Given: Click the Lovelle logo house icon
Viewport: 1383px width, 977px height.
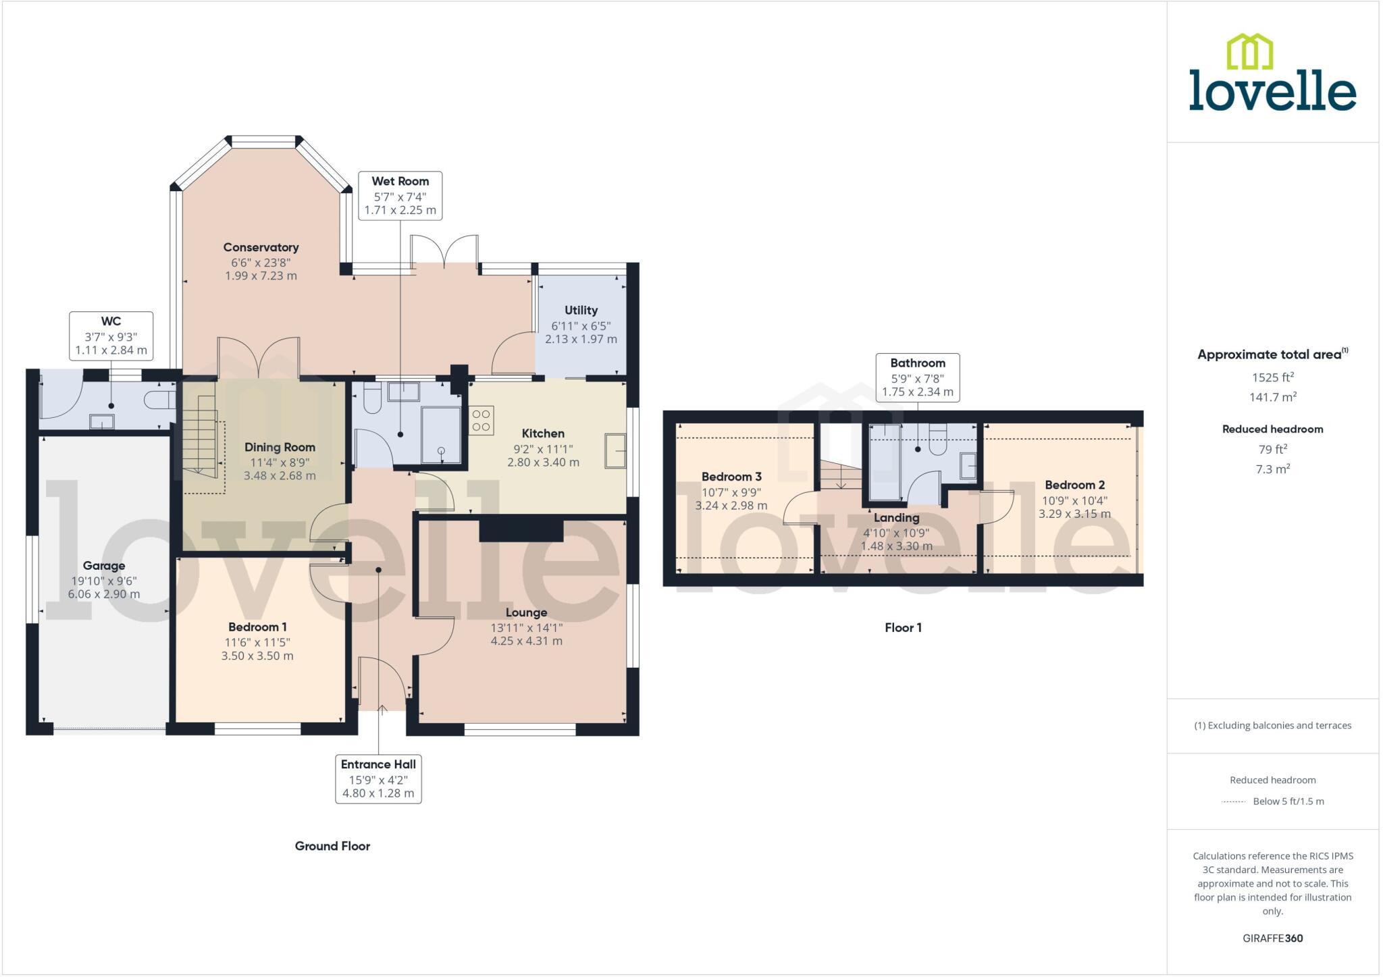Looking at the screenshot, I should (1249, 51).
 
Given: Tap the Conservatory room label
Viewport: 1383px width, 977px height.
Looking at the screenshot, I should (261, 248).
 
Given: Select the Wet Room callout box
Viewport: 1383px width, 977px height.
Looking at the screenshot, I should (400, 195).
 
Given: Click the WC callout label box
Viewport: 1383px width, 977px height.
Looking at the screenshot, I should (111, 336).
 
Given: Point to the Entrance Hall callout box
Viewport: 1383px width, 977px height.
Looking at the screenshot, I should (378, 778).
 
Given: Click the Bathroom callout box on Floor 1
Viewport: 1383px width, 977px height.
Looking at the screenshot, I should (917, 377).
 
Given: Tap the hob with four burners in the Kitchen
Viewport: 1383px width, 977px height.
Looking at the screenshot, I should (481, 419).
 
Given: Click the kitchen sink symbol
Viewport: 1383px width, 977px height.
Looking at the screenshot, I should (615, 450).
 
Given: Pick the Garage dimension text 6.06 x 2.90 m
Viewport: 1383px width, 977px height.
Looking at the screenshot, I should (104, 594).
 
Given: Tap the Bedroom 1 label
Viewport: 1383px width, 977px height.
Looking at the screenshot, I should (257, 627).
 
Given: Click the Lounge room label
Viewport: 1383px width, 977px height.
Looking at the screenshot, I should (526, 612).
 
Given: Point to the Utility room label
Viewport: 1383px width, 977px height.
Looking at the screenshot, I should (581, 310).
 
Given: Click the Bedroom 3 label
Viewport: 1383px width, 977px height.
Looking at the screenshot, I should (731, 477).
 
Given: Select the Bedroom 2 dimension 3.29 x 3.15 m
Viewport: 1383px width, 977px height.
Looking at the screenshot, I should (1074, 514).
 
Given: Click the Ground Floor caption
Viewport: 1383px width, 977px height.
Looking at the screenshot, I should (332, 846).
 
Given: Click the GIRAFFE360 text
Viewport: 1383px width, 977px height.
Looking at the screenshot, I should (1272, 938).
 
